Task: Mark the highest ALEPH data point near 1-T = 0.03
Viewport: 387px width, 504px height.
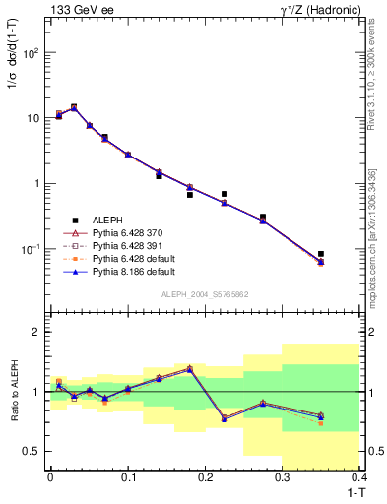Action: click(74, 107)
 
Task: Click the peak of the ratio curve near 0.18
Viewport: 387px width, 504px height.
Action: click(190, 368)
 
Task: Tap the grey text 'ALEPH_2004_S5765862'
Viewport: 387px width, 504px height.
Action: click(204, 294)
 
